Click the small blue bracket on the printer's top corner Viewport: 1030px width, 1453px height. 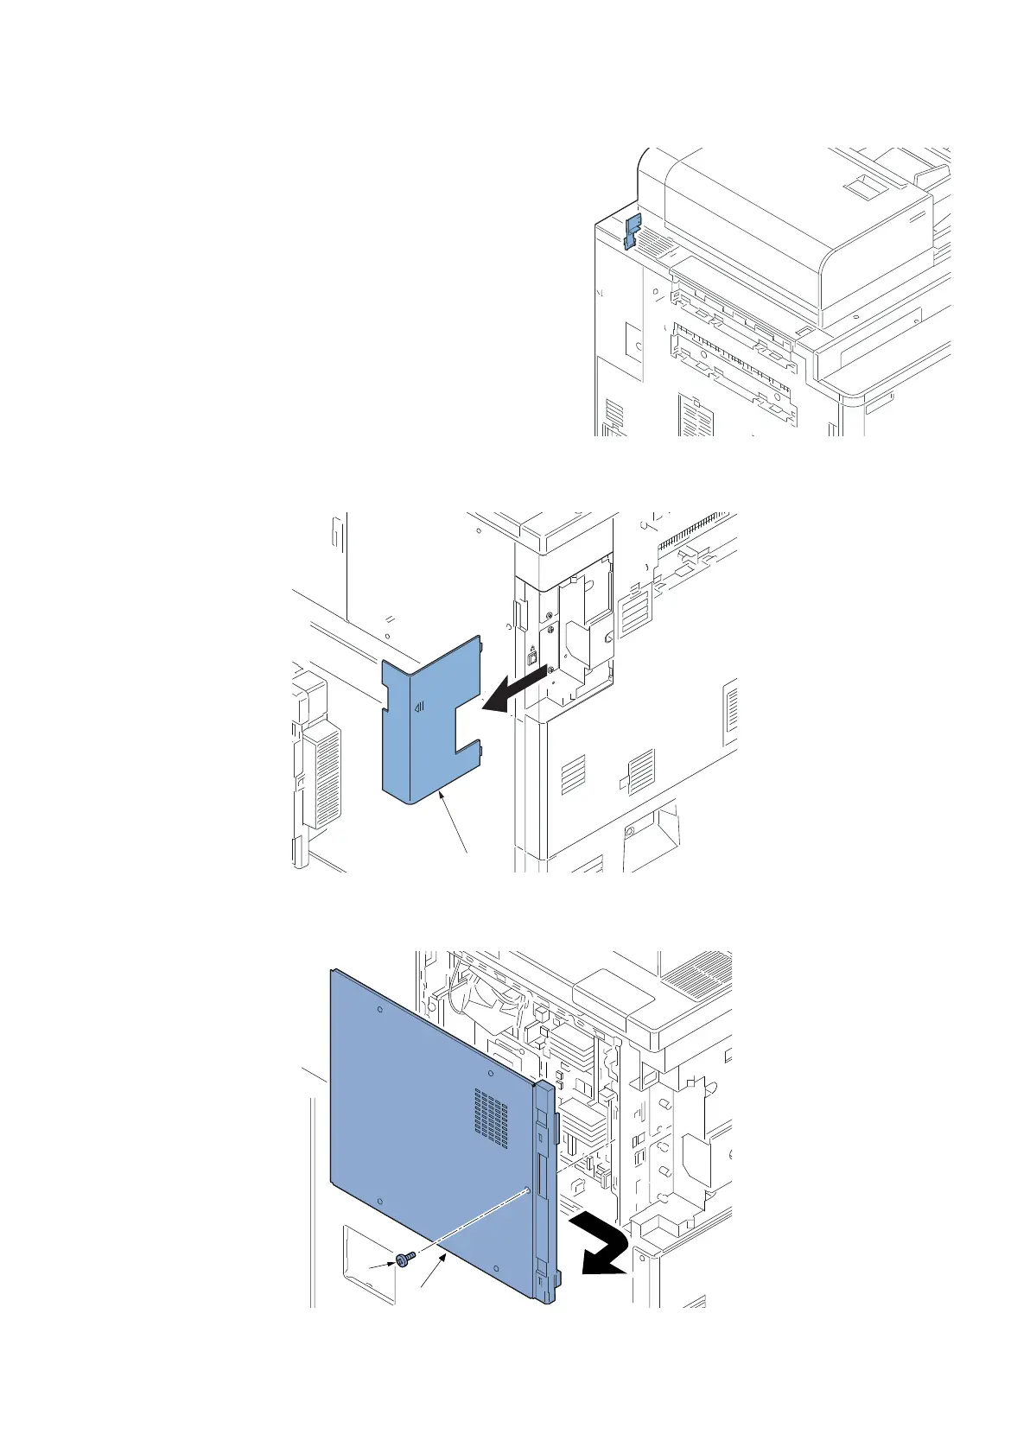point(631,231)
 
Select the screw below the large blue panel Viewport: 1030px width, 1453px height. point(404,1260)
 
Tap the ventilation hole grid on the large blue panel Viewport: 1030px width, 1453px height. point(490,1118)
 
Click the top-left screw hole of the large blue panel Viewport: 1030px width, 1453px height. point(380,1009)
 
